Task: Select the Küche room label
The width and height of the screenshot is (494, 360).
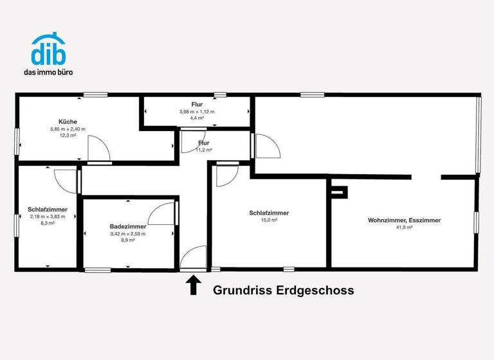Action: coord(68,122)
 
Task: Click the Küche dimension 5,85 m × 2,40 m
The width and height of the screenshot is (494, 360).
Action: coord(68,129)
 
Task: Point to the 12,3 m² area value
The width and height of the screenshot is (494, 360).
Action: coord(68,136)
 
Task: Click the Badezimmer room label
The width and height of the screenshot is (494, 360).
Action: coord(127,226)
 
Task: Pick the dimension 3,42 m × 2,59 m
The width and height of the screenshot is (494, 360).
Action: coord(127,234)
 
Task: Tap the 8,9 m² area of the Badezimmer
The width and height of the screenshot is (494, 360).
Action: coord(127,241)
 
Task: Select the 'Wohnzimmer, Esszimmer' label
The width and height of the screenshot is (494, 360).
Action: coord(404,221)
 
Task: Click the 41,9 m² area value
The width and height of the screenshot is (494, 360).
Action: coord(404,228)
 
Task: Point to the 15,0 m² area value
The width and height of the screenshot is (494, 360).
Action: coord(269,221)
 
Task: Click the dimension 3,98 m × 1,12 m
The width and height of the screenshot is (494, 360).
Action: coord(197,112)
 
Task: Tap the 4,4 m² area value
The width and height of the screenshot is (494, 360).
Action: coord(197,119)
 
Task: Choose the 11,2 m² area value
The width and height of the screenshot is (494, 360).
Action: coord(204,150)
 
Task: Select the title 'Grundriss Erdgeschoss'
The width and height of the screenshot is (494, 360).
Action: coord(283,291)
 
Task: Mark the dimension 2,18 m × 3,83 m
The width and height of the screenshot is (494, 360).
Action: coord(48,217)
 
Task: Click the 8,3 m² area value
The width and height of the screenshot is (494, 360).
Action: coord(48,224)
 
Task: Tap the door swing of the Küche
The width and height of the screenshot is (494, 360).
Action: coord(100,150)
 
